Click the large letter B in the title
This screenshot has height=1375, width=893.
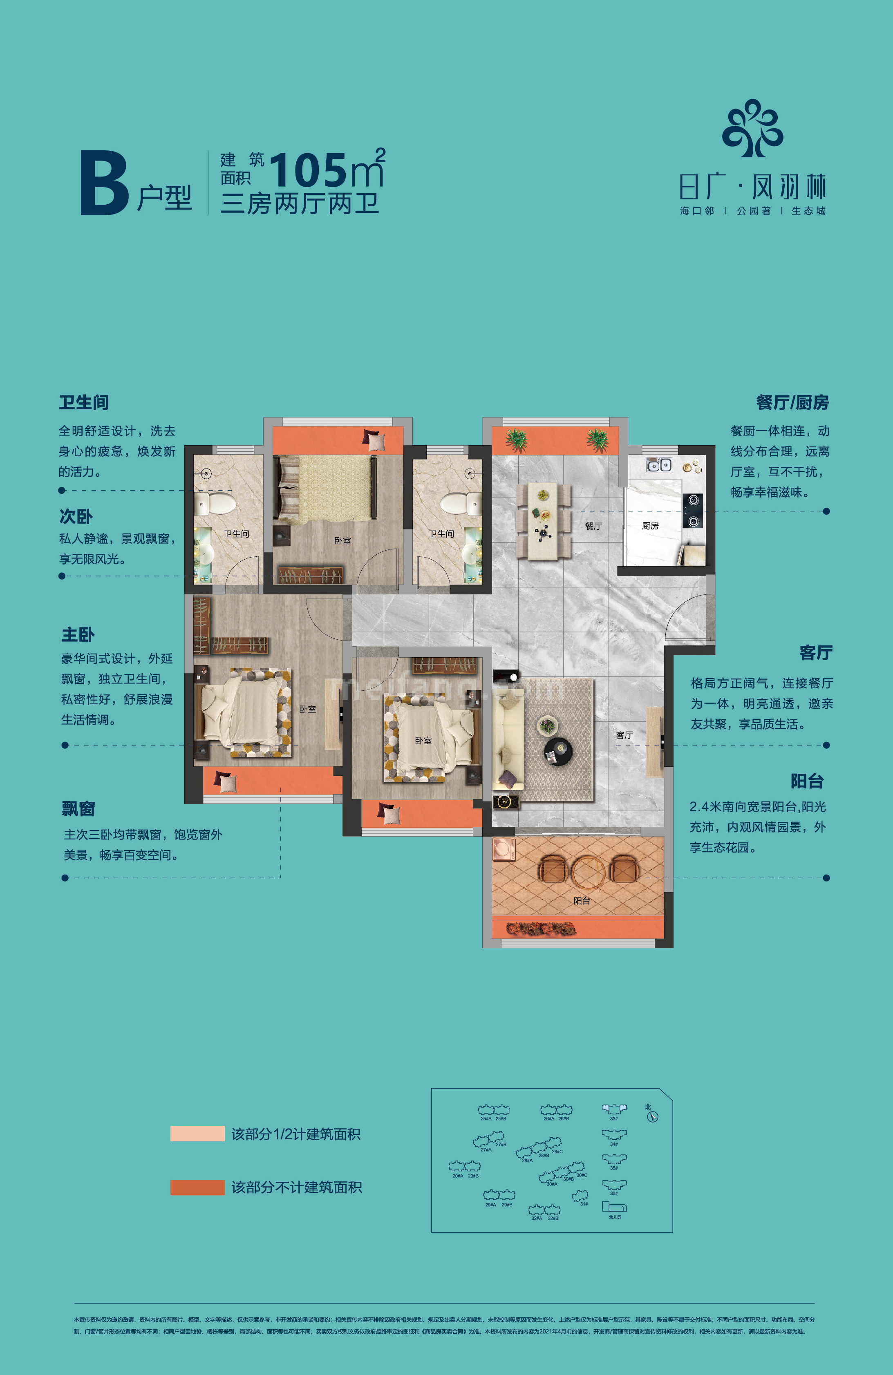click(x=104, y=183)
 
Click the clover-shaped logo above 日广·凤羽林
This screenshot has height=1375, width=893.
click(x=752, y=128)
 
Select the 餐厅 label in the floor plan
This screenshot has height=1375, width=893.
click(x=593, y=526)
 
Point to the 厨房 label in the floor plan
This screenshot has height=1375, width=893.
click(x=650, y=526)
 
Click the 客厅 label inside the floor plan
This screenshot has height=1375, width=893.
click(x=624, y=735)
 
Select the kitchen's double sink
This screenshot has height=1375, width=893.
click(x=659, y=465)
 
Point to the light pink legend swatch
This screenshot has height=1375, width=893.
click(x=197, y=1134)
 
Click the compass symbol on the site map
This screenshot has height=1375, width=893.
click(x=653, y=1117)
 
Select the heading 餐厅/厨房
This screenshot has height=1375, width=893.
click(x=792, y=403)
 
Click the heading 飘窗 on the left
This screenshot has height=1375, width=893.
click(x=78, y=809)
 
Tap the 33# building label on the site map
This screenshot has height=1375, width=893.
click(x=614, y=1118)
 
